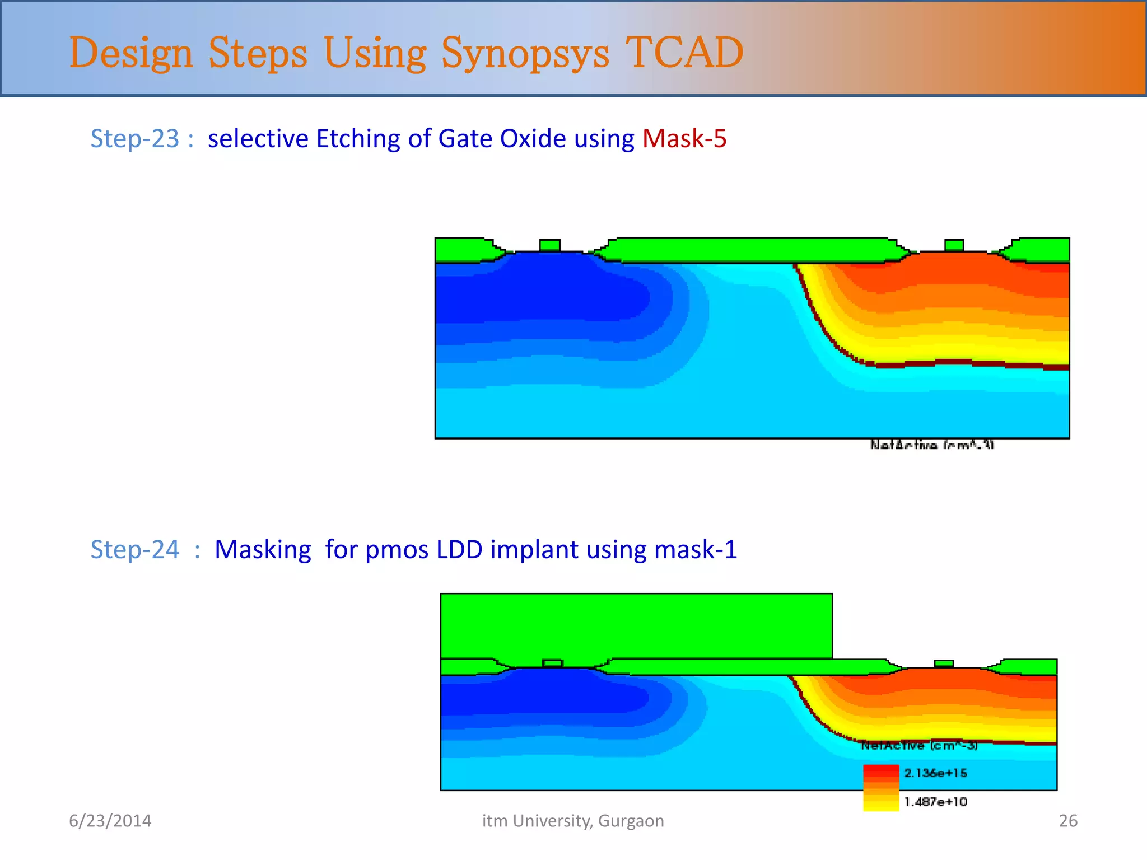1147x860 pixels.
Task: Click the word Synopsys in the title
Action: (525, 53)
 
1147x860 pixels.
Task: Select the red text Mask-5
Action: (684, 138)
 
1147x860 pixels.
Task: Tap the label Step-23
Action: (134, 138)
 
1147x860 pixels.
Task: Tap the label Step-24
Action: (135, 549)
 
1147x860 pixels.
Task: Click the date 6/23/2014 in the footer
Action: (110, 821)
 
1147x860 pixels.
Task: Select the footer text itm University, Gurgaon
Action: (573, 821)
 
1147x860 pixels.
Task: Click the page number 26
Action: (1067, 821)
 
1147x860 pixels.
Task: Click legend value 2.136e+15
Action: (935, 773)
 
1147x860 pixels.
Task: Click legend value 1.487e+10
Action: (935, 802)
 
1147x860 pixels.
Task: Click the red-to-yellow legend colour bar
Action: (880, 788)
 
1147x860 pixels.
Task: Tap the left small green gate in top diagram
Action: (549, 245)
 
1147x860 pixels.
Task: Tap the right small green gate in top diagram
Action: (954, 245)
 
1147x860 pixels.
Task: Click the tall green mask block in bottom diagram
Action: (636, 625)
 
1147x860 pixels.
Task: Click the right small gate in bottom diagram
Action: (944, 663)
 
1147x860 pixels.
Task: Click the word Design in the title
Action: (131, 53)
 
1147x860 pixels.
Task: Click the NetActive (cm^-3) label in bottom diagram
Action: (919, 746)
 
